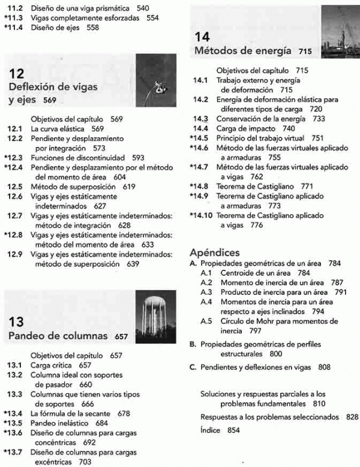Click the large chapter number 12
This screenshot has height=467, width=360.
pyautogui.click(x=17, y=73)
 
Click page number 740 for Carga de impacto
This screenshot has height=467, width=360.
pyautogui.click(x=288, y=128)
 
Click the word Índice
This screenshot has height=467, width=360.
pyautogui.click(x=209, y=430)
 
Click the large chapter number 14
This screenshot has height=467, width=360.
pyautogui.click(x=202, y=36)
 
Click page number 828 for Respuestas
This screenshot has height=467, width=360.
pyautogui.click(x=352, y=417)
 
